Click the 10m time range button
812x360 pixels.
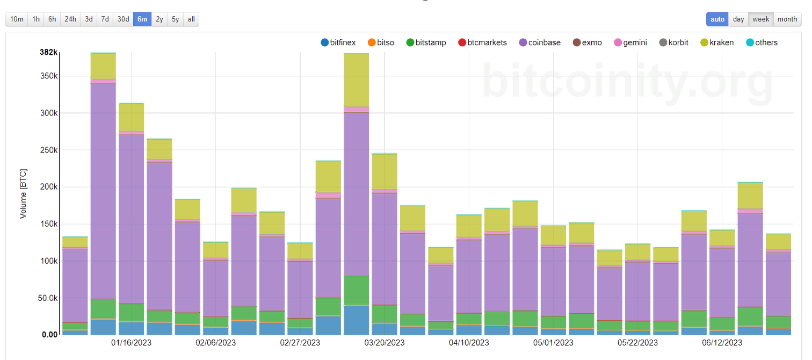(17, 19)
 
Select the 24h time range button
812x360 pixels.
(70, 19)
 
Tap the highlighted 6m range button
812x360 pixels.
(142, 19)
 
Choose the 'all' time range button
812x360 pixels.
(191, 19)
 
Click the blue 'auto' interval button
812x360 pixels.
(717, 19)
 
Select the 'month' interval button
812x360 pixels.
(787, 19)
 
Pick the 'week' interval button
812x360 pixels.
(760, 19)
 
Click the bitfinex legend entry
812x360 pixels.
(338, 42)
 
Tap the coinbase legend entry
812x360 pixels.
(540, 42)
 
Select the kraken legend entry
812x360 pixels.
(717, 42)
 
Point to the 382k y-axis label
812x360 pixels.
(48, 52)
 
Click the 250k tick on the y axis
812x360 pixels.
(47, 150)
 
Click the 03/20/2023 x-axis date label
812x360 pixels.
(385, 342)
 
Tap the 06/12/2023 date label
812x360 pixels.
(722, 342)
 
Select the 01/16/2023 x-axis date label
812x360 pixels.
(132, 342)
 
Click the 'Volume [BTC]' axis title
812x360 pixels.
(23, 193)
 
